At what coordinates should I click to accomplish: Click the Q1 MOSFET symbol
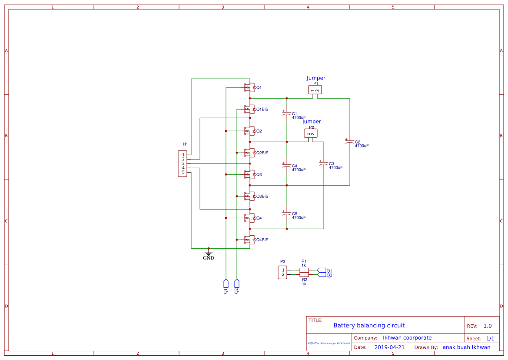(x=249, y=87)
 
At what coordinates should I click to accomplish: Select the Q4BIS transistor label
(x=262, y=240)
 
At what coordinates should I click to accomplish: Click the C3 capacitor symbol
(x=323, y=163)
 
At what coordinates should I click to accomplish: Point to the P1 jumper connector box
(x=315, y=90)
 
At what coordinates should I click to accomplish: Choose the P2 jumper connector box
(x=311, y=133)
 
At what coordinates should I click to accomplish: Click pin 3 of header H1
(x=183, y=163)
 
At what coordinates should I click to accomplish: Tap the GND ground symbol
(x=209, y=253)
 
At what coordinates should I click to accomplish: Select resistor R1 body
(x=304, y=270)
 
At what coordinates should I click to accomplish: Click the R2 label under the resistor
(x=304, y=280)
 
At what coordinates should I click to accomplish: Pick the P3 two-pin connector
(x=283, y=272)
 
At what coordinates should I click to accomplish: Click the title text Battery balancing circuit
(x=369, y=325)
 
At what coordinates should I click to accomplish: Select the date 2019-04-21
(x=389, y=347)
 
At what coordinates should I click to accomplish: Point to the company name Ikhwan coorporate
(x=407, y=338)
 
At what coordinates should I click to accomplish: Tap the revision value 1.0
(x=488, y=326)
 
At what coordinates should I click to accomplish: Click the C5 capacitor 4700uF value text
(x=299, y=217)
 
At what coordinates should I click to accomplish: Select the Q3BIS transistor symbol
(x=249, y=196)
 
